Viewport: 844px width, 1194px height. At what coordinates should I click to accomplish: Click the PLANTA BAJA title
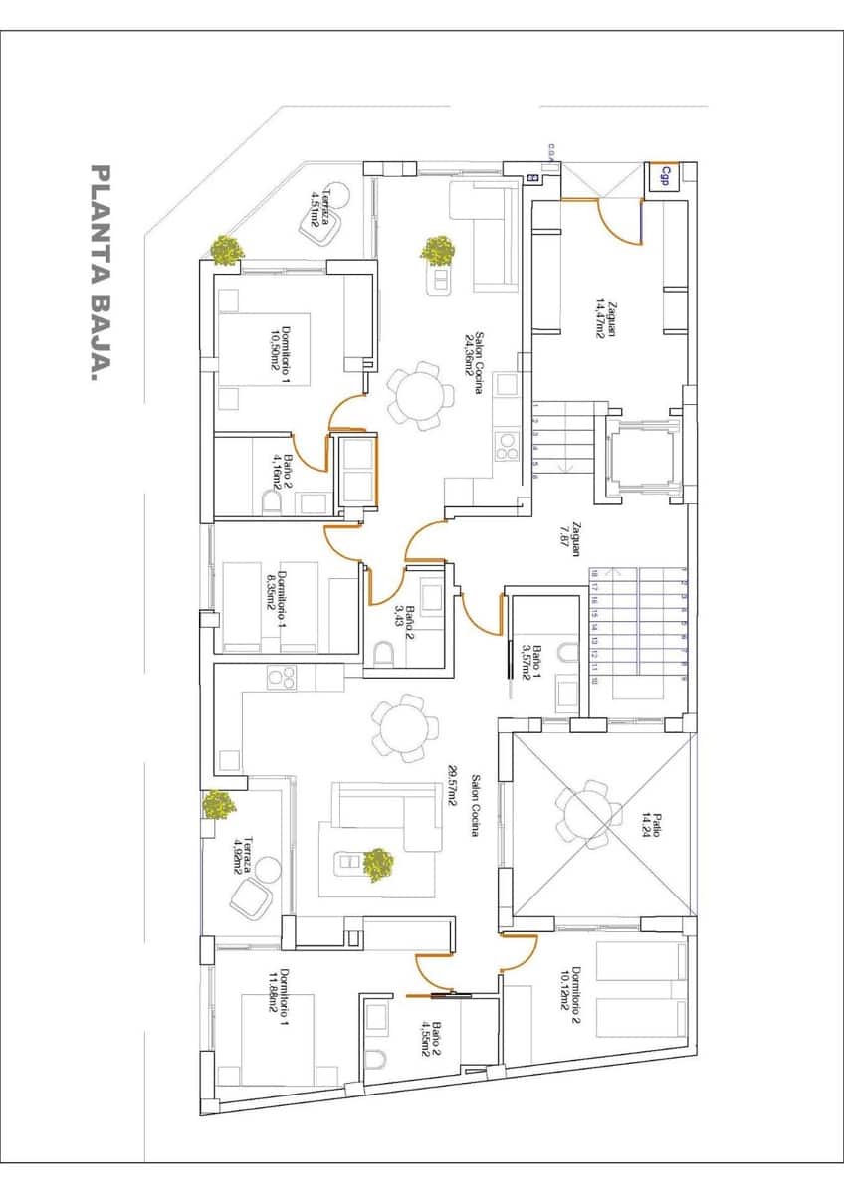(100, 274)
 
